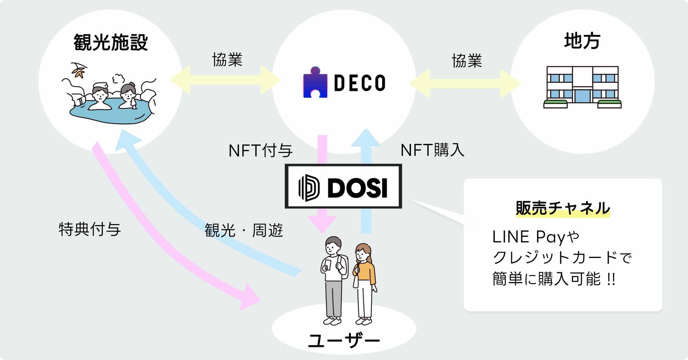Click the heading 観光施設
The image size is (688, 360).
coord(110,43)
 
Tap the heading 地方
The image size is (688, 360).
coord(582,41)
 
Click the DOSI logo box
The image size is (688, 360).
coord(343,186)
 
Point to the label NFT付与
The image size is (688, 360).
coord(260,151)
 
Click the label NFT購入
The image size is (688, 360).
coord(432,150)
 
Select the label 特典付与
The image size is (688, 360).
coord(90,230)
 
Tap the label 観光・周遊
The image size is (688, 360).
coord(244,231)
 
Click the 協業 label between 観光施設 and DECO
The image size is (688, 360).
coord(227,60)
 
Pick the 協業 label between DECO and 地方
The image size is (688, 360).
coord(467,61)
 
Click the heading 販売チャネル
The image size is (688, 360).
coord(563,208)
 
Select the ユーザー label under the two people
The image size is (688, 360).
coord(344,341)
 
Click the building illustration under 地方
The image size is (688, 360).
coord(582,87)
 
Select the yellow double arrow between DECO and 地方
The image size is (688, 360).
coord(465,84)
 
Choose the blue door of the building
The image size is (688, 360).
coord(582,96)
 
